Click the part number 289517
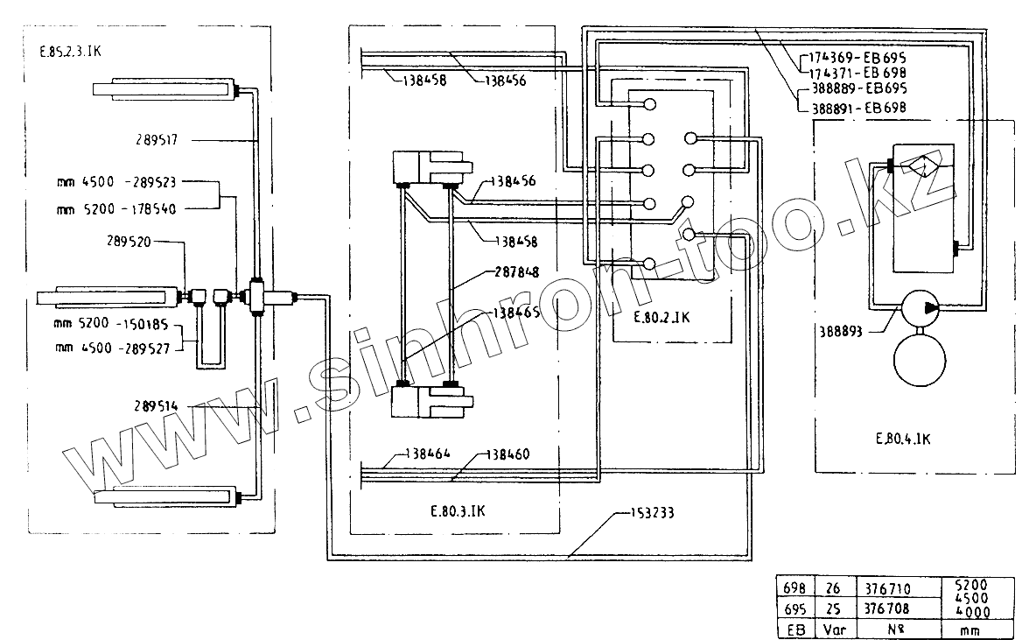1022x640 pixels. (158, 138)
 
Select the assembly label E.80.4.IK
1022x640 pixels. (902, 439)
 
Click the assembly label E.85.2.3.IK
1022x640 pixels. (71, 52)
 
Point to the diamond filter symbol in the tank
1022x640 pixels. (919, 165)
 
